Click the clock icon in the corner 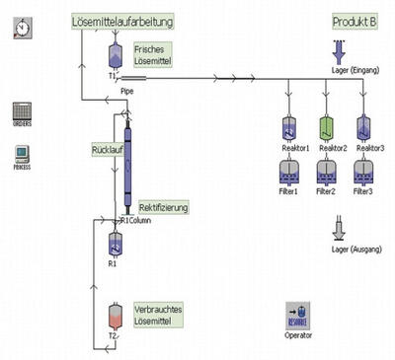22,30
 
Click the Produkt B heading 355,21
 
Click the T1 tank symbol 114,57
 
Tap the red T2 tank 114,317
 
